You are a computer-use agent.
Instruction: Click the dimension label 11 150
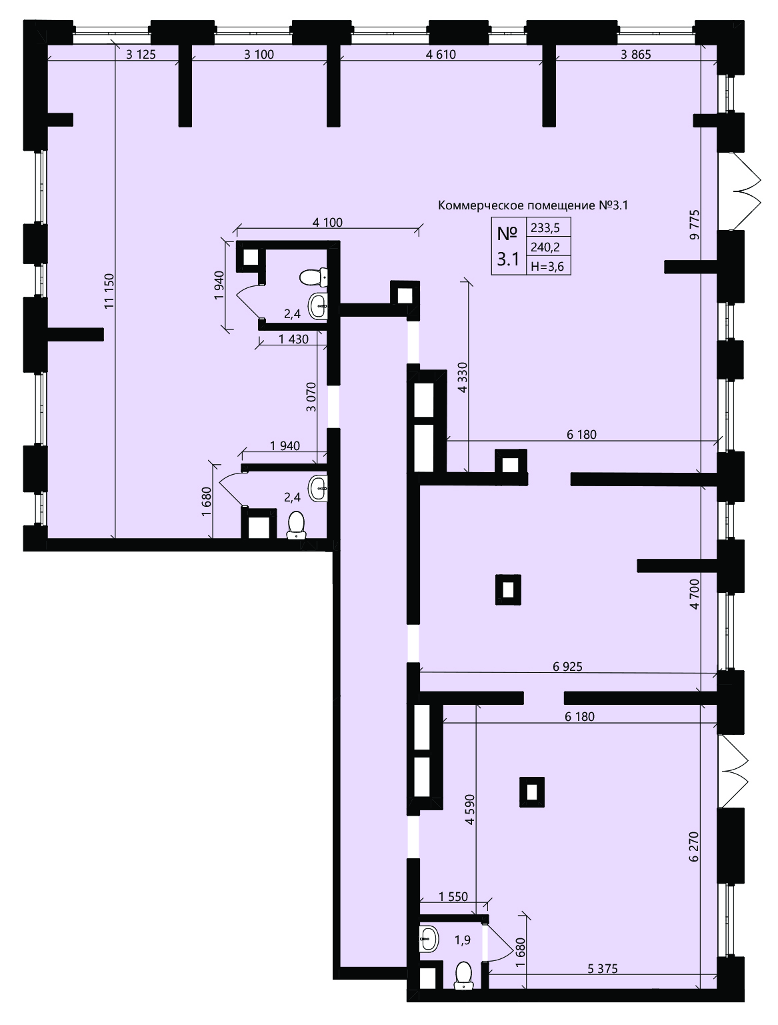pyautogui.click(x=109, y=291)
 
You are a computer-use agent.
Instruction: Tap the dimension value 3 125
pyautogui.click(x=141, y=55)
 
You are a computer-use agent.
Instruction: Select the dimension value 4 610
pyautogui.click(x=441, y=55)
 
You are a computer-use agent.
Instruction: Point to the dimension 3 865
pyautogui.click(x=635, y=55)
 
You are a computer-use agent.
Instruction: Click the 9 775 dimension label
pyautogui.click(x=695, y=225)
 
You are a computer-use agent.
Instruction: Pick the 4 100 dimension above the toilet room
pyautogui.click(x=327, y=222)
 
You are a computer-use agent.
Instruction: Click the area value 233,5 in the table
pyautogui.click(x=545, y=228)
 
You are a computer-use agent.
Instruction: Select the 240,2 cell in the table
pyautogui.click(x=545, y=247)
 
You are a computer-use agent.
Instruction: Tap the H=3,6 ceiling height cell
pyautogui.click(x=547, y=266)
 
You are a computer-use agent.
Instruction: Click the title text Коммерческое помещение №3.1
pyautogui.click(x=533, y=205)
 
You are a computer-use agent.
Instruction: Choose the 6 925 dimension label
pyautogui.click(x=567, y=666)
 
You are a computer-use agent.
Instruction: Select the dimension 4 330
pyautogui.click(x=462, y=377)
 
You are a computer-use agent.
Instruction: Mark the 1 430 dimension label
pyautogui.click(x=293, y=339)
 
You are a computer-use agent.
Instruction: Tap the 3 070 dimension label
pyautogui.click(x=311, y=397)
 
